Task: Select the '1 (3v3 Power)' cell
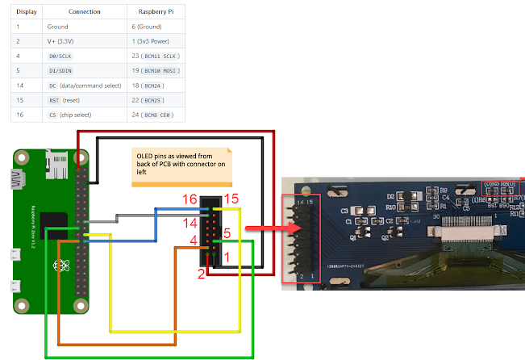pyautogui.click(x=153, y=41)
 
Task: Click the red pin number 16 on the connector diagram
pyautogui.click(x=190, y=199)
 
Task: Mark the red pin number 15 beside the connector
pyautogui.click(x=231, y=199)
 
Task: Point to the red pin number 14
pyautogui.click(x=190, y=222)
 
